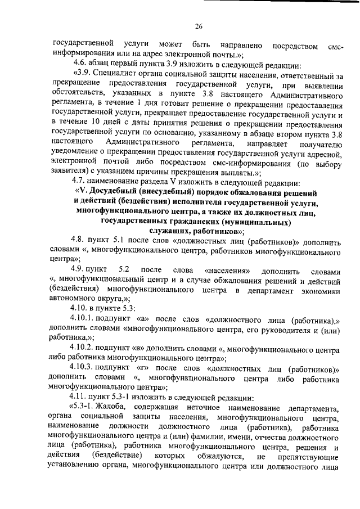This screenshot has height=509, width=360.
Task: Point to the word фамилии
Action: coord(187,437)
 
